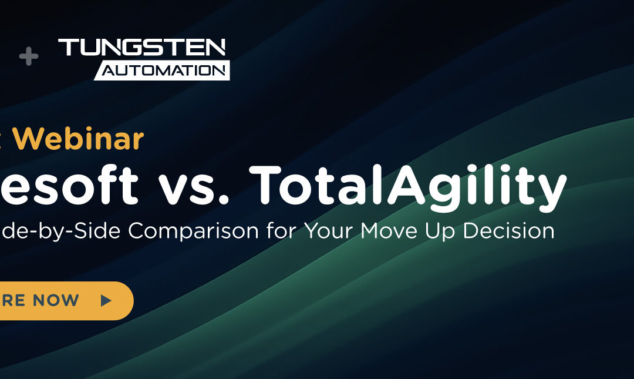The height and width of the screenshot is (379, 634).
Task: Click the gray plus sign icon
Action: tap(28, 57)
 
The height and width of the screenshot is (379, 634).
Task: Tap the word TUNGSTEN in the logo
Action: tap(142, 48)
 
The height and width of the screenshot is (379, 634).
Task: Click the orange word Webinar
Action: tap(85, 139)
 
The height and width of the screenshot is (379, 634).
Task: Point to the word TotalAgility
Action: tap(407, 185)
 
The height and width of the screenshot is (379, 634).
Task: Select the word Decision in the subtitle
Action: tap(508, 231)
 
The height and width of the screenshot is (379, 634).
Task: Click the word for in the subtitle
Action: tap(281, 231)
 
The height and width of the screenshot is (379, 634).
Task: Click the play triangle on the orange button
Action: tap(106, 301)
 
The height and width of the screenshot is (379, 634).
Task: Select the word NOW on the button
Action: tap(56, 301)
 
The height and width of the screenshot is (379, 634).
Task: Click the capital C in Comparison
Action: tap(138, 231)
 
